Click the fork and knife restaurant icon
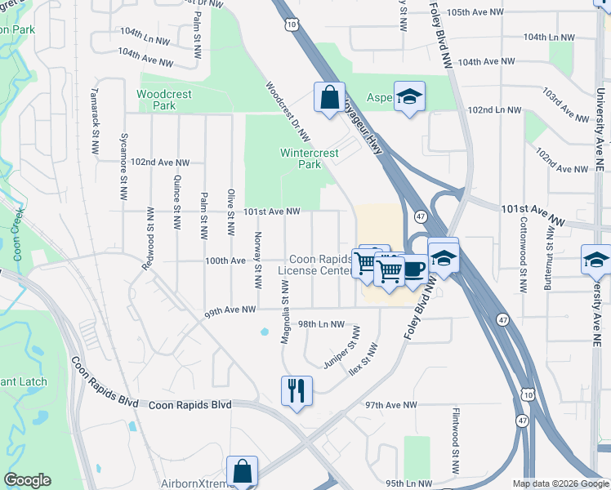click(295, 390)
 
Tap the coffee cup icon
click(413, 267)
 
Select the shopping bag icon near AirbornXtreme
click(243, 470)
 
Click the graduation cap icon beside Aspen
click(409, 96)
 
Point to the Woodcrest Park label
click(164, 100)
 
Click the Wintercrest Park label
click(300, 158)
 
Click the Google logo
click(28, 480)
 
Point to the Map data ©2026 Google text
click(560, 483)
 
